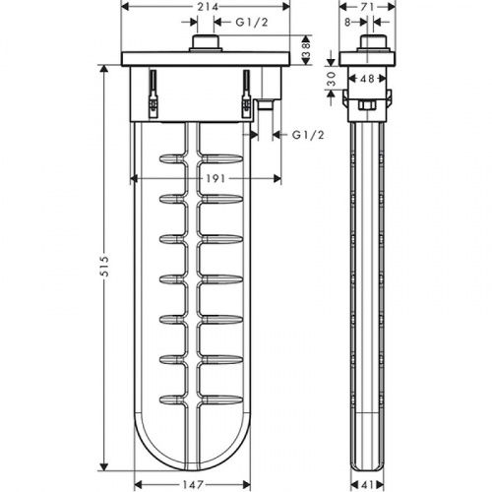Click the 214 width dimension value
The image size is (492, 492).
point(208,6)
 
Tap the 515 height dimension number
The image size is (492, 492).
point(104,267)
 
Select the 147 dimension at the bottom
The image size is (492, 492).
point(193,484)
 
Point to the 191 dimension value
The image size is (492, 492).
point(216,178)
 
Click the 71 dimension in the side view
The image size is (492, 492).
point(367,6)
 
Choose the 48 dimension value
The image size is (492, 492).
point(366,79)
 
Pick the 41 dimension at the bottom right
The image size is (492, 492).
point(367,484)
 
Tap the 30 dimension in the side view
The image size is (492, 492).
point(333,79)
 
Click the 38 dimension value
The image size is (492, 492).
point(306,50)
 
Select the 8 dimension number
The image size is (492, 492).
point(347,22)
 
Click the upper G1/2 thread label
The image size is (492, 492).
point(252,22)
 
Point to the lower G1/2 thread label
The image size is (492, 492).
point(308,135)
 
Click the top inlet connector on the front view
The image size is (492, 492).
point(206,43)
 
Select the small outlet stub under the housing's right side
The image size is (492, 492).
point(265,105)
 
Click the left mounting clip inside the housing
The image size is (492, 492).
point(154,94)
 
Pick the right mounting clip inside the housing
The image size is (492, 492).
point(246,94)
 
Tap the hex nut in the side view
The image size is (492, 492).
point(367,105)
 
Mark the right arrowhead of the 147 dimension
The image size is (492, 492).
point(246,484)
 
